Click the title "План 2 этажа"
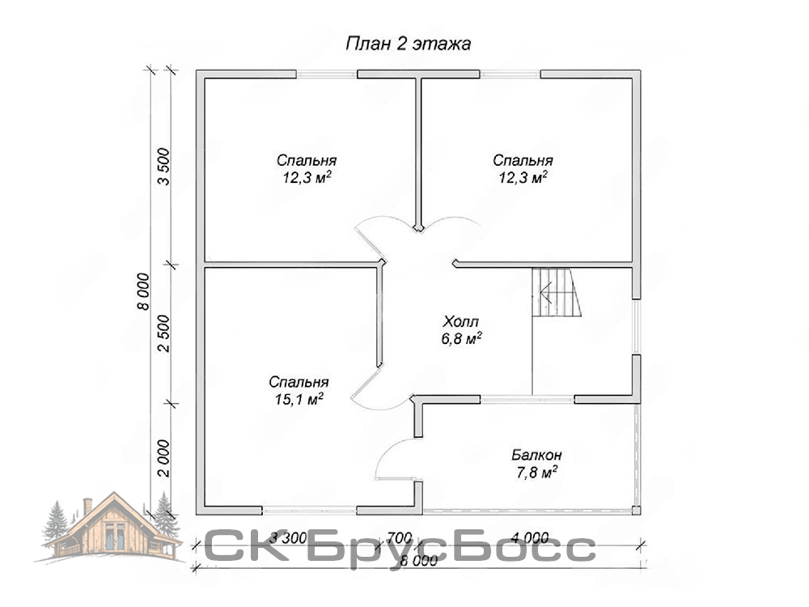(408, 44)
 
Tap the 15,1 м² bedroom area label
(299, 390)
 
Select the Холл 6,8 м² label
(461, 330)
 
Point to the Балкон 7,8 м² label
(536, 464)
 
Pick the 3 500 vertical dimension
(163, 166)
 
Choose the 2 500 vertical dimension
(163, 333)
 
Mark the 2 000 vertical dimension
(163, 459)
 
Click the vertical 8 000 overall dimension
(142, 291)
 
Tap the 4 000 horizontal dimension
(530, 538)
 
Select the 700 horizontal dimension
(400, 538)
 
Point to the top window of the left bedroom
(327, 74)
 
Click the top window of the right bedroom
(510, 74)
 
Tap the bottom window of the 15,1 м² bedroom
(310, 511)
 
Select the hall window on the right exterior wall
(637, 327)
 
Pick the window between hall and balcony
(527, 399)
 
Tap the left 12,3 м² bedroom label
(307, 169)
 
